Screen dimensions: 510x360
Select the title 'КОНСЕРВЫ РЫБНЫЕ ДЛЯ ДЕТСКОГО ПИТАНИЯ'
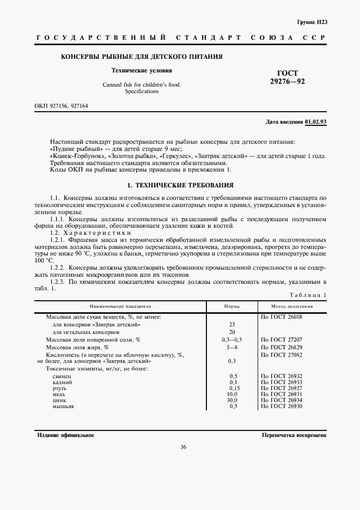[141, 57]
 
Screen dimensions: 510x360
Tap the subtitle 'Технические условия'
[141, 70]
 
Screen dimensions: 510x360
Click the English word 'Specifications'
[141, 92]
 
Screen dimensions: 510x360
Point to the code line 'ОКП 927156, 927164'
[61, 106]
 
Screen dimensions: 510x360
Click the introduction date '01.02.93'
[316, 122]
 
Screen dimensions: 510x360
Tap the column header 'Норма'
[232, 307]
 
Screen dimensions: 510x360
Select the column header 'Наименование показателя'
[120, 307]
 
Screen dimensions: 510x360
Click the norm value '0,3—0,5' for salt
[232, 339]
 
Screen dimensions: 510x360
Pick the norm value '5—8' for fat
[232, 347]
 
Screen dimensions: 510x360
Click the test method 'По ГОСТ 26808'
[280, 317]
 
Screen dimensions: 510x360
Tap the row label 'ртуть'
[59, 388]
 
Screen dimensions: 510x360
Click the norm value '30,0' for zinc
[233, 400]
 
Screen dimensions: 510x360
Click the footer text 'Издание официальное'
[66, 435]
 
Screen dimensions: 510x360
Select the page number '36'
[183, 447]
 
